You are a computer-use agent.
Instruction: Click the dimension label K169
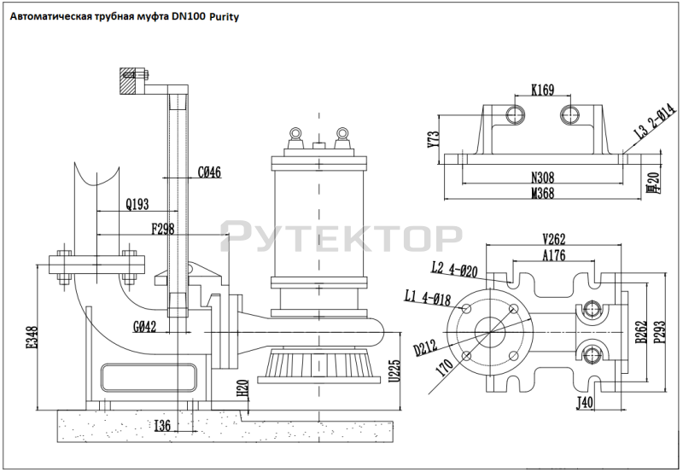click(x=543, y=88)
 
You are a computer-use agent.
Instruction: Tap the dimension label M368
click(x=543, y=194)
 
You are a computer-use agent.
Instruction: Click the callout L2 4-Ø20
click(x=454, y=270)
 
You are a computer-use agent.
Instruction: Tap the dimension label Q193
click(x=137, y=204)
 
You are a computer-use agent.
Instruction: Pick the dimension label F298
click(x=163, y=228)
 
